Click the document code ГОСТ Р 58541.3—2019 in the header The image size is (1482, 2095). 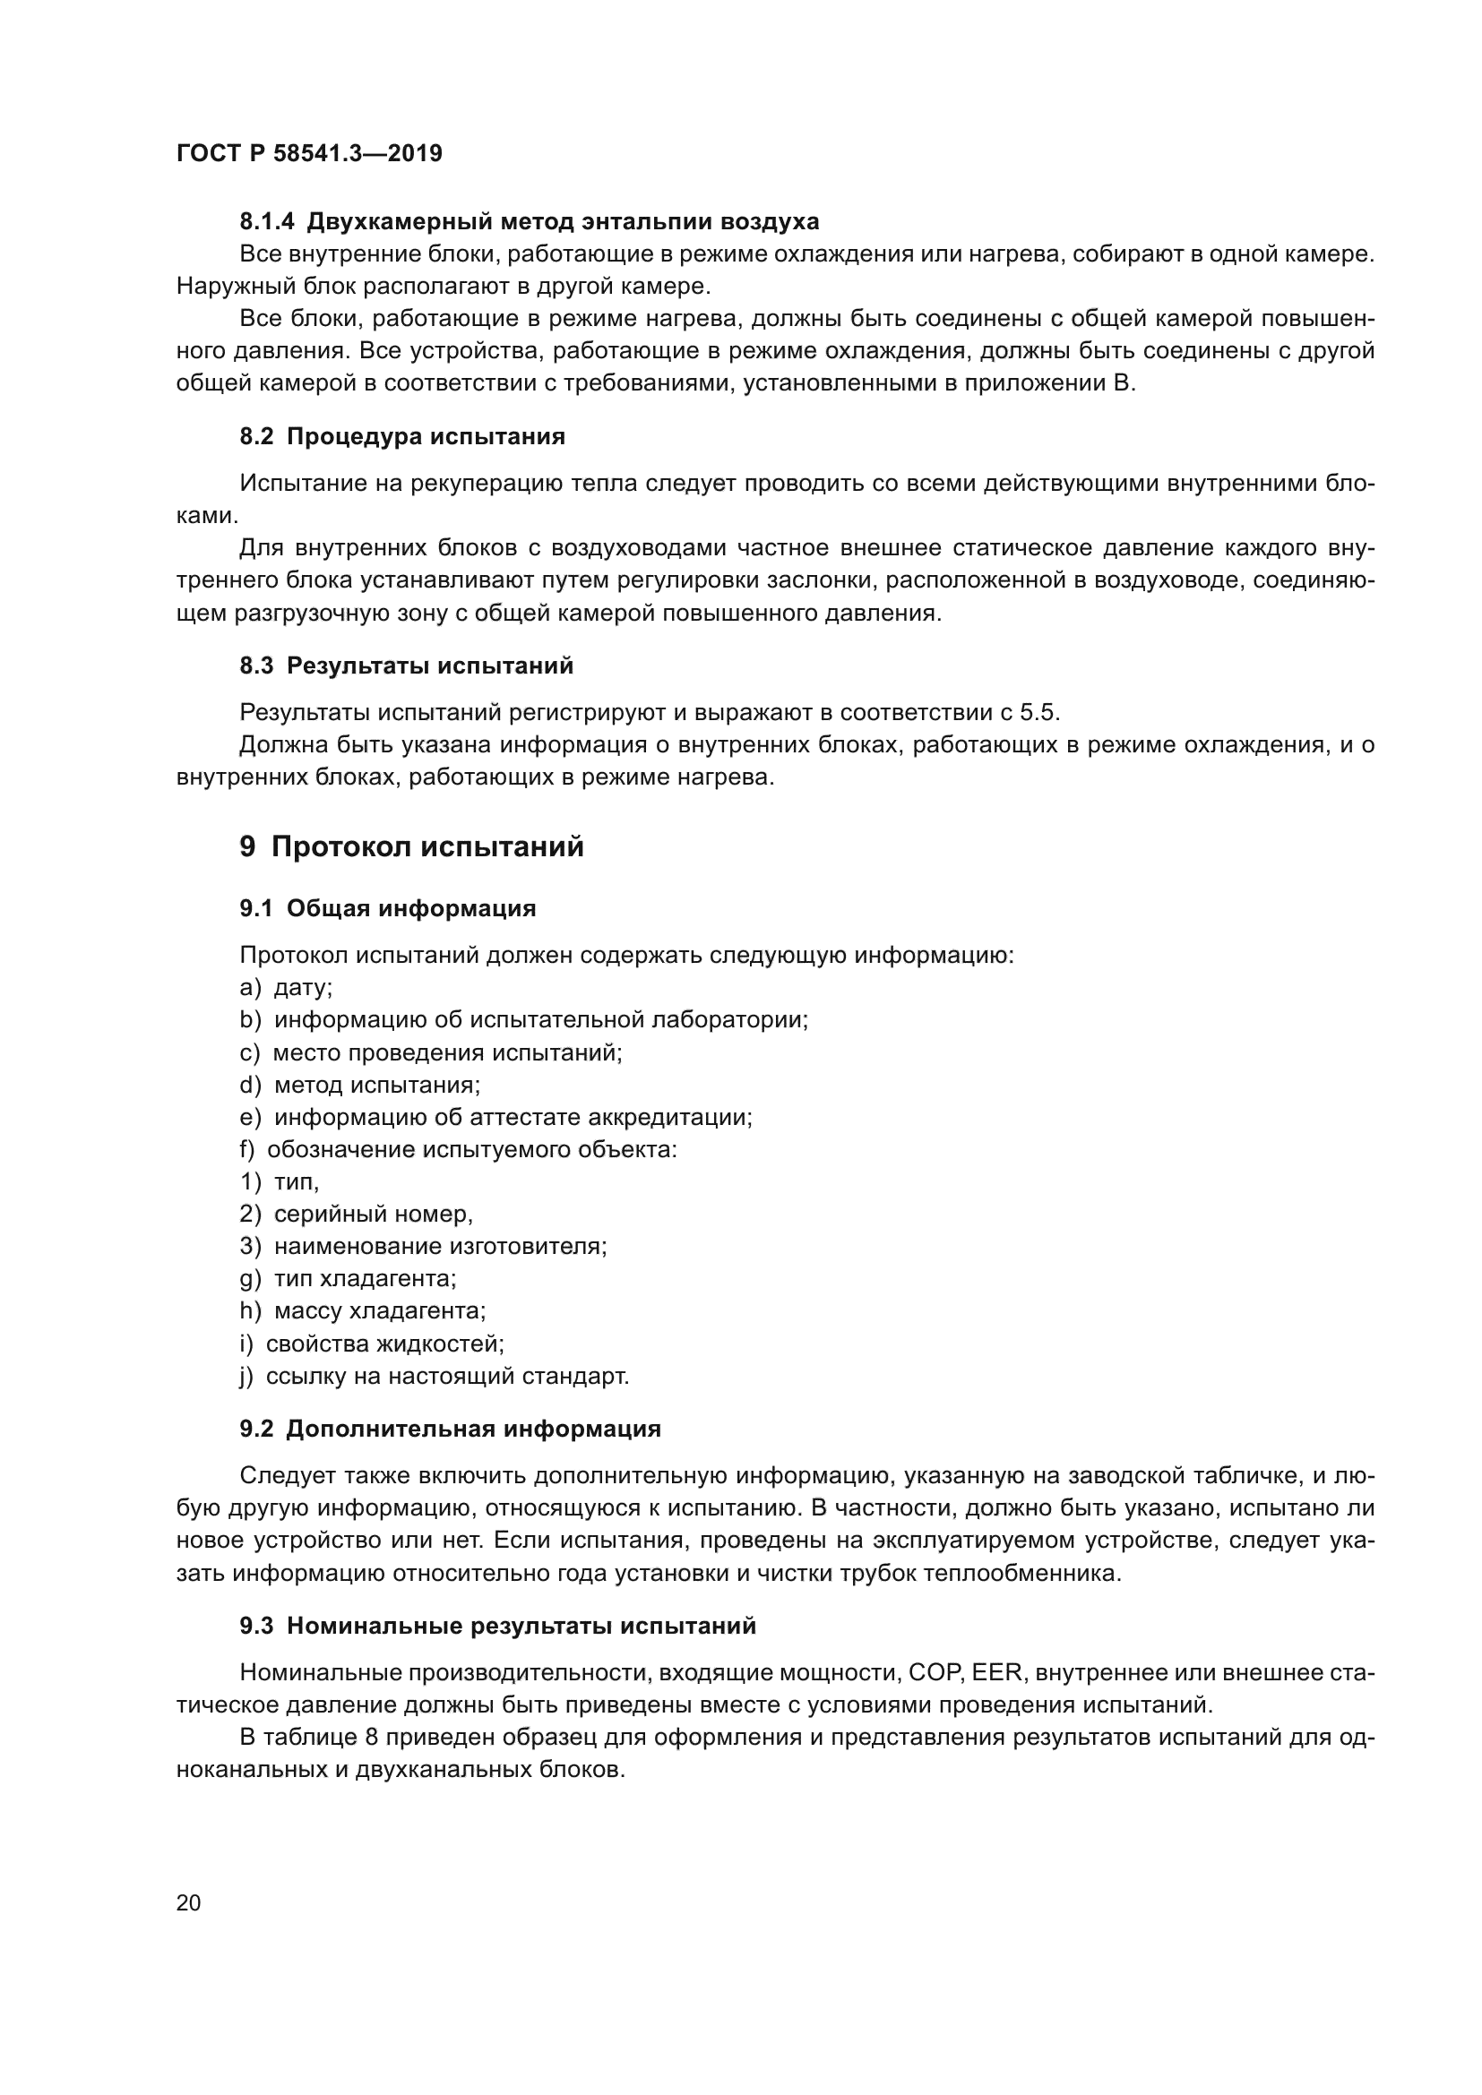[x=308, y=153]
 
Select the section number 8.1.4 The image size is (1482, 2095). [x=266, y=222]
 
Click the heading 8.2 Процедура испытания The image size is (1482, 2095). [x=401, y=436]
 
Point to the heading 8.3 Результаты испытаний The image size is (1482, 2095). [x=406, y=665]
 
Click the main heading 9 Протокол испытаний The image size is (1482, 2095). [x=410, y=846]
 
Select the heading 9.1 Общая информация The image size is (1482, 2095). [x=387, y=908]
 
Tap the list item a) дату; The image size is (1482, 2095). [x=286, y=987]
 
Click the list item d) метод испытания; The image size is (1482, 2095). [x=359, y=1085]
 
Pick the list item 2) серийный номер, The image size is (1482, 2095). [x=356, y=1215]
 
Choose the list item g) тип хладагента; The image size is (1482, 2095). [x=348, y=1278]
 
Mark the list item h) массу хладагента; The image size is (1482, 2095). [x=362, y=1311]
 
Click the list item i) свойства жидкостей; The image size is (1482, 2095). [x=372, y=1344]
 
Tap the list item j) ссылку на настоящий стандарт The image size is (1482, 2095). [x=434, y=1376]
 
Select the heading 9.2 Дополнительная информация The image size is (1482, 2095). [x=450, y=1429]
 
